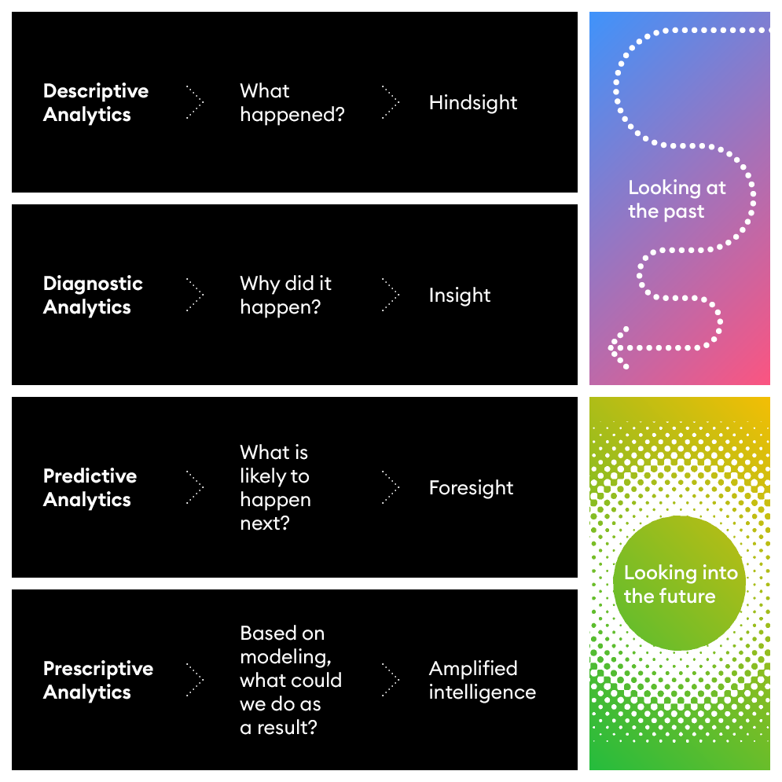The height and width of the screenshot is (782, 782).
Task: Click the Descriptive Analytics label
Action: [95, 103]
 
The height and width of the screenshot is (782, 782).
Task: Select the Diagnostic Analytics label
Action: [93, 296]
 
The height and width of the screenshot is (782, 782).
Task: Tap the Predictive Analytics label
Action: [90, 488]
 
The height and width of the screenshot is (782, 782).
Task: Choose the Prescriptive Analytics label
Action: [98, 681]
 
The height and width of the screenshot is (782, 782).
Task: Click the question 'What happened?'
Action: [292, 103]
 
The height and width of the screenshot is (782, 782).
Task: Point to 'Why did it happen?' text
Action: [286, 296]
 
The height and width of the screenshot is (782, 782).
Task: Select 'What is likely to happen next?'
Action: [275, 488]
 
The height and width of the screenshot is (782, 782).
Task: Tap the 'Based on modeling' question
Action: [290, 681]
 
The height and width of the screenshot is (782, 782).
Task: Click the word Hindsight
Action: [473, 103]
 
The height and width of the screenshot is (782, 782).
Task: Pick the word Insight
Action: [460, 296]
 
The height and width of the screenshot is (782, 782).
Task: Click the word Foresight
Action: [471, 488]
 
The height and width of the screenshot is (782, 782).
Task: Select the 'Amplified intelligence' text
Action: [482, 681]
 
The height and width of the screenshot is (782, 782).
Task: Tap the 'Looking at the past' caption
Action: [677, 200]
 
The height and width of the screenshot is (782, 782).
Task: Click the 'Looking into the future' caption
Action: [681, 585]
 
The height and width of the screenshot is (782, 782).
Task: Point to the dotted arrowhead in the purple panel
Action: [616, 347]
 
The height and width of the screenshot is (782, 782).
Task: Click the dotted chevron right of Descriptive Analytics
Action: [196, 102]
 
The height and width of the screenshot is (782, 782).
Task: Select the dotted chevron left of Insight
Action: [391, 295]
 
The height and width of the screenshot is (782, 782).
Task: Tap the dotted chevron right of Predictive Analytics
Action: [196, 487]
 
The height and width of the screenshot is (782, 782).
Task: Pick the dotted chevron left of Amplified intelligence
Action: [391, 680]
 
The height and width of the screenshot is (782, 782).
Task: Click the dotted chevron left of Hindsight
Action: [391, 102]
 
